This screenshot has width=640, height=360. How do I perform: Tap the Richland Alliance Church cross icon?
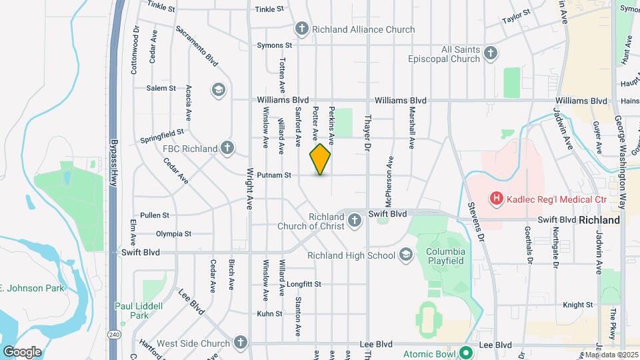click(301, 29)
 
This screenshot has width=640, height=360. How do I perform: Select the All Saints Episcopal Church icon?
click(491, 53)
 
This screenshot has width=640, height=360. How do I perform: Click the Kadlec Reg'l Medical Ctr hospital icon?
click(496, 198)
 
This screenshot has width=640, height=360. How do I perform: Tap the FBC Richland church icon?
click(227, 148)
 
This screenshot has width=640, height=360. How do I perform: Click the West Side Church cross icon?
click(240, 343)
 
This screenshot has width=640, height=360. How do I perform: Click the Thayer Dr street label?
click(366, 130)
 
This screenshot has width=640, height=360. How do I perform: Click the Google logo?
click(22, 351)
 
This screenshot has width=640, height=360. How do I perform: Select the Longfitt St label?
click(305, 284)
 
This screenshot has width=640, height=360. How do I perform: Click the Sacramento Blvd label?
click(197, 45)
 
